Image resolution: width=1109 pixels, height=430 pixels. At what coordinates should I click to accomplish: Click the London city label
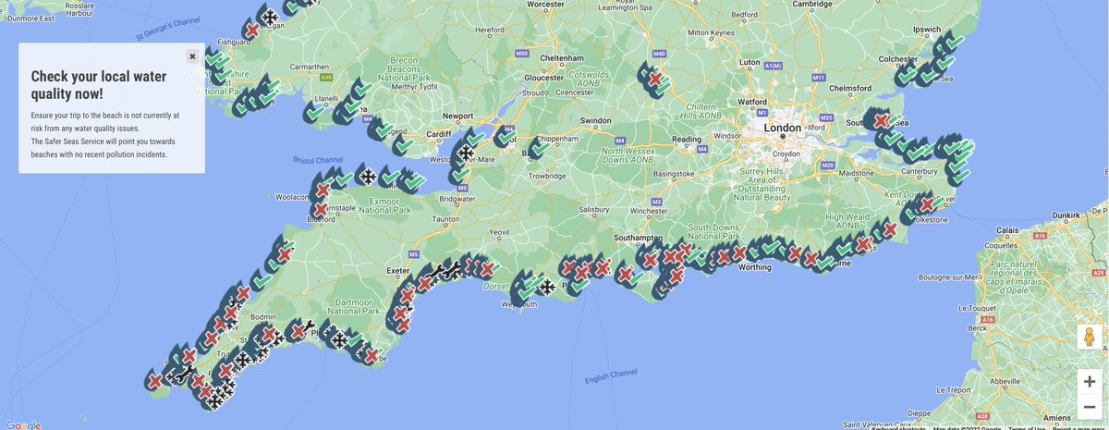coord(782,128)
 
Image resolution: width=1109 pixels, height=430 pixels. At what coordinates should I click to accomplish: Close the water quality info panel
coord(192,56)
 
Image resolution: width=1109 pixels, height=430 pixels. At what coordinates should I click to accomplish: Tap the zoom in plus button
coord(1090,381)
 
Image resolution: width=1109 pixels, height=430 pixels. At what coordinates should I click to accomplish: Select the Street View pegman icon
coord(1090,338)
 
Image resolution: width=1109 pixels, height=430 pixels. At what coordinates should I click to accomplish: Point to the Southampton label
coord(639,237)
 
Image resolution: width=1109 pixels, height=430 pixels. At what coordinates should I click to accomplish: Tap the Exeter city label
coord(398,271)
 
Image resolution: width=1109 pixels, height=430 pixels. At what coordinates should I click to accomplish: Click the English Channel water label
coord(611,375)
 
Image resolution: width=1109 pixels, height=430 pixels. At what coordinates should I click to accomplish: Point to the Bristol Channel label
coord(317,160)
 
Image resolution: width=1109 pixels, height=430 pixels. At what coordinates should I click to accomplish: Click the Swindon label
coord(595,120)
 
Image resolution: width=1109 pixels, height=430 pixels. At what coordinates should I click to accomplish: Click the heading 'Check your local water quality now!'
coord(99,85)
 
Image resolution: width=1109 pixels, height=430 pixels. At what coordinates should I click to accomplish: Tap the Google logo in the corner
coord(23,424)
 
